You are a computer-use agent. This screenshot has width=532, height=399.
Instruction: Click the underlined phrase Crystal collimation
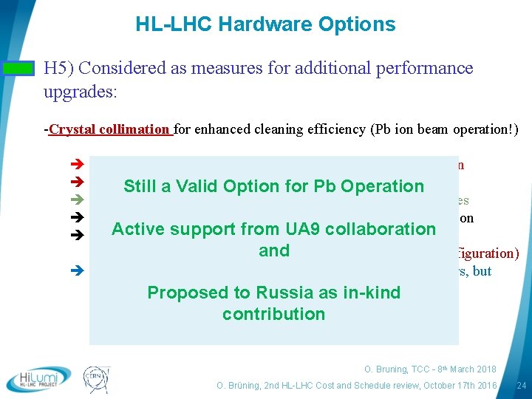(x=109, y=129)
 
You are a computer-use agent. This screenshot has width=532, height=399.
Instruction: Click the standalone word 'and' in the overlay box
(x=273, y=250)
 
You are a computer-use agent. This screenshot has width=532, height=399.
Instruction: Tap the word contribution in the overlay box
(x=273, y=314)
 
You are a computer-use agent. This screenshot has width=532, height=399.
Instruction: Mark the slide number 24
(x=521, y=385)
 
